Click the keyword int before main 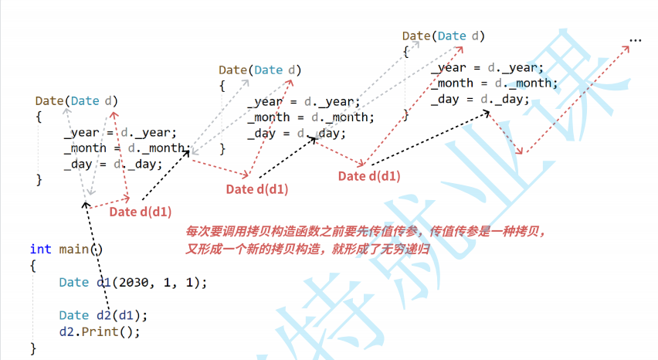point(40,249)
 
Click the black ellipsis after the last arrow point(636,39)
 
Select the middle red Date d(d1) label point(257,189)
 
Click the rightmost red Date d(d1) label point(369,176)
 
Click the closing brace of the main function point(33,348)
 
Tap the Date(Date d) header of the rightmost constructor point(443,36)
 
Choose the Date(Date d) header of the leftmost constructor point(77,101)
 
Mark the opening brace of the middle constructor point(222,87)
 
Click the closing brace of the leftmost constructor point(39,179)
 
